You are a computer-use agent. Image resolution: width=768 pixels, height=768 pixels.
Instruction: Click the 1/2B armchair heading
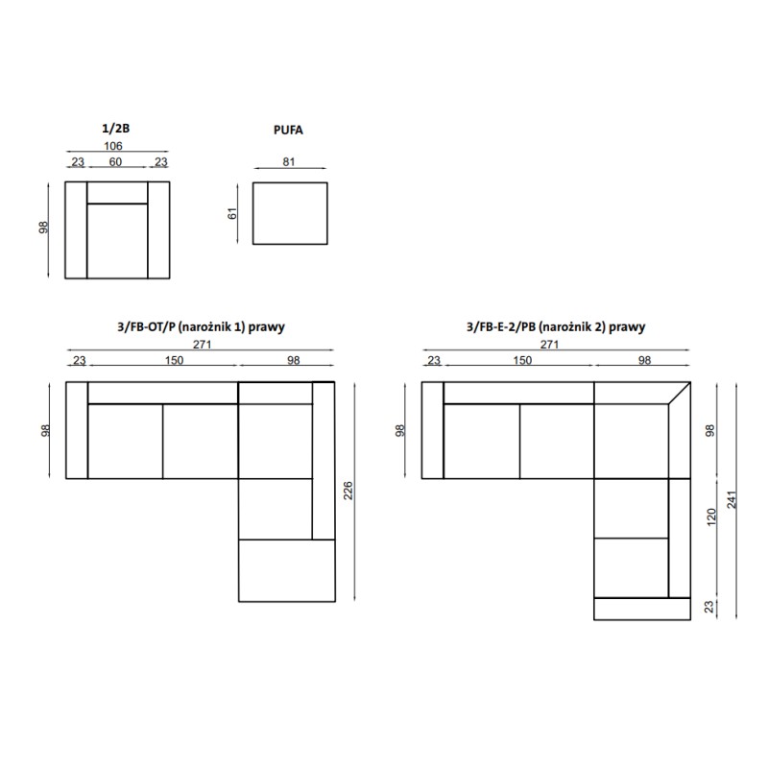[x=115, y=129]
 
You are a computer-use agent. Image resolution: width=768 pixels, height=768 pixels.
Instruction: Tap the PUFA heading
[x=288, y=131]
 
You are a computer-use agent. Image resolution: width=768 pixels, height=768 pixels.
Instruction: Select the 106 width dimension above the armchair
[x=113, y=146]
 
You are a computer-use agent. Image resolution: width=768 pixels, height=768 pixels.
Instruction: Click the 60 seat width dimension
[x=115, y=161]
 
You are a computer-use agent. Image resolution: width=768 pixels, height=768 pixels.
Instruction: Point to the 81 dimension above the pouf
[x=289, y=161]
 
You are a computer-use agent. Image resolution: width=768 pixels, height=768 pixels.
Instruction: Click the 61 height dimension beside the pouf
[x=232, y=213]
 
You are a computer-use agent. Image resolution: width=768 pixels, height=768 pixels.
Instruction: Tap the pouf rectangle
[x=290, y=213]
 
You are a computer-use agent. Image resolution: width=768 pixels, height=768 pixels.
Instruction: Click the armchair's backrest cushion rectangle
[x=117, y=193]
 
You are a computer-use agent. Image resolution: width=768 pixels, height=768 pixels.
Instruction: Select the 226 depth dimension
[x=348, y=491]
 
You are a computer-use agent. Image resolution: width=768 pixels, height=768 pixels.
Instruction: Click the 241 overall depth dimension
[x=732, y=499]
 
